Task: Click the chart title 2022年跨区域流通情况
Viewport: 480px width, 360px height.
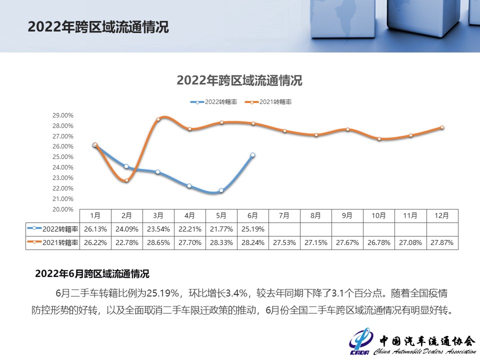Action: coord(239,80)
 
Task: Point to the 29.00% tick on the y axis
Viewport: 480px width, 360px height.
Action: coord(63,115)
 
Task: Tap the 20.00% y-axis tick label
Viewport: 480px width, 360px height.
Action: coord(63,209)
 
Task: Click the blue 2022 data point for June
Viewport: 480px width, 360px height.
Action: coord(252,155)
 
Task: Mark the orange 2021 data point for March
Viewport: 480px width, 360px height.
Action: coord(158,119)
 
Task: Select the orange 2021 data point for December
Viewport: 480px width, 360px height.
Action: coord(442,127)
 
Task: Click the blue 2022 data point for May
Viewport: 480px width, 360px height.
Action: coord(221,190)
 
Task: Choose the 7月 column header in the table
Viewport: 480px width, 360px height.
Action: coord(284,216)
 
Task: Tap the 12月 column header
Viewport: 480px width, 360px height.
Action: coord(442,216)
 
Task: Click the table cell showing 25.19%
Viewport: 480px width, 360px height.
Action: coord(252,229)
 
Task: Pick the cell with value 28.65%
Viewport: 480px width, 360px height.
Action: coord(158,242)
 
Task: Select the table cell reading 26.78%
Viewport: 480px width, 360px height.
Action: coord(378,242)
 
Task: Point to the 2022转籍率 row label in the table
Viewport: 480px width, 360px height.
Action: coord(53,229)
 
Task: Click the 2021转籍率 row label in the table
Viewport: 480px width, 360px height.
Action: coord(53,242)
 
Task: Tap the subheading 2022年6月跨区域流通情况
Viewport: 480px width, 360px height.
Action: coord(92,274)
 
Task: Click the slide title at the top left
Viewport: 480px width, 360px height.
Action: coord(98,27)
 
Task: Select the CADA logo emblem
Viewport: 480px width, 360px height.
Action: coord(360,341)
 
